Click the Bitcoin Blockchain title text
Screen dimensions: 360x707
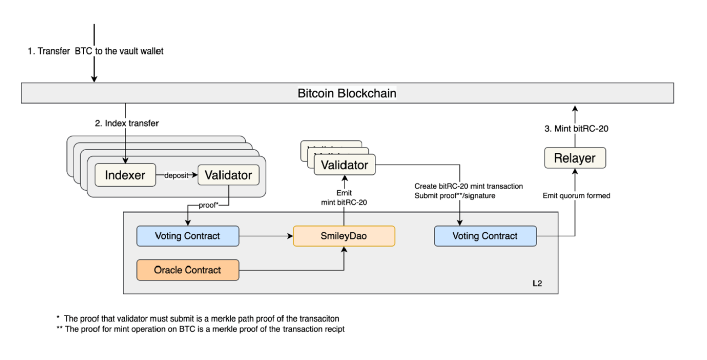(x=346, y=93)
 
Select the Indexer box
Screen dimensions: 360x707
(x=125, y=175)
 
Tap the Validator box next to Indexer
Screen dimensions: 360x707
(x=228, y=175)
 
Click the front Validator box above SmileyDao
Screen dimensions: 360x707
(x=344, y=165)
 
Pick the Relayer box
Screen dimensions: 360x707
(x=575, y=158)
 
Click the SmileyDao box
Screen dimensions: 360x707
(x=344, y=236)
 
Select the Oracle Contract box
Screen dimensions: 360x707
(x=188, y=270)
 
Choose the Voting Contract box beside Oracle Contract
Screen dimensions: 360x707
(x=188, y=236)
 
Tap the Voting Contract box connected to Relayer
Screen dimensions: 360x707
(x=485, y=236)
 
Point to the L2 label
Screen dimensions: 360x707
(x=537, y=283)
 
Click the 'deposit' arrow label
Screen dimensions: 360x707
(x=176, y=175)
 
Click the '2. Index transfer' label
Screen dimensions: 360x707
(x=127, y=123)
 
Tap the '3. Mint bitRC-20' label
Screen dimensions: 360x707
(x=576, y=129)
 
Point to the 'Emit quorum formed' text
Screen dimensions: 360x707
(x=576, y=196)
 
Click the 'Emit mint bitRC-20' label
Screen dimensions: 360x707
(x=344, y=198)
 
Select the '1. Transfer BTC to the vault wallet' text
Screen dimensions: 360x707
(x=95, y=51)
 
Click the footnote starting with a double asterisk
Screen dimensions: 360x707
(x=200, y=329)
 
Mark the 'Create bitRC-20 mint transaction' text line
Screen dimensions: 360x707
(x=468, y=186)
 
